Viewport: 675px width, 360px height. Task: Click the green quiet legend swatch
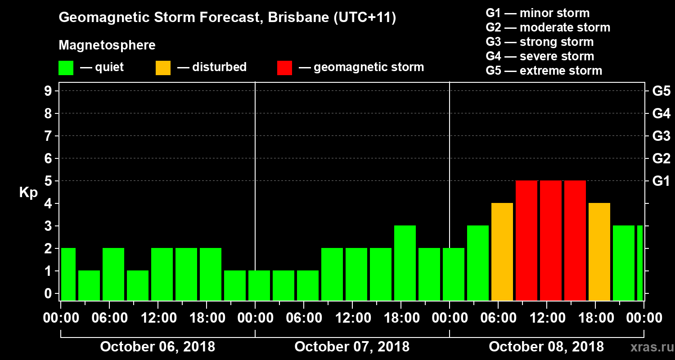(66, 68)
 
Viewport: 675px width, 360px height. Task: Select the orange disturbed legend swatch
(163, 68)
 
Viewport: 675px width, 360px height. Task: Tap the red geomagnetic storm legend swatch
(284, 68)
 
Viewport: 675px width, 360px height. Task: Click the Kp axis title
(28, 193)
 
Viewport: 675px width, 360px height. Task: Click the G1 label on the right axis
(661, 181)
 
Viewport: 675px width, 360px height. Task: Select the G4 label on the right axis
(661, 113)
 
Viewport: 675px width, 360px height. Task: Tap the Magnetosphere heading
(107, 45)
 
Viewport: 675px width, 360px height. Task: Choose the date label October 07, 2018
(352, 347)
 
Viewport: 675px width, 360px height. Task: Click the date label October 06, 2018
(157, 347)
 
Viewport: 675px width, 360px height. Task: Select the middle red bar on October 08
(551, 240)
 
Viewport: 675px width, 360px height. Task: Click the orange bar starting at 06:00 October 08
(502, 252)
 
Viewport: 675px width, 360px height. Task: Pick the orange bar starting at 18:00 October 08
(599, 252)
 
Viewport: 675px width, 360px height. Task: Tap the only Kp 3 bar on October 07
(405, 263)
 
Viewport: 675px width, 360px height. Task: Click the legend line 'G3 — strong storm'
(540, 42)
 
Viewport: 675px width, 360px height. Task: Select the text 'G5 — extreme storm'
(544, 71)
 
